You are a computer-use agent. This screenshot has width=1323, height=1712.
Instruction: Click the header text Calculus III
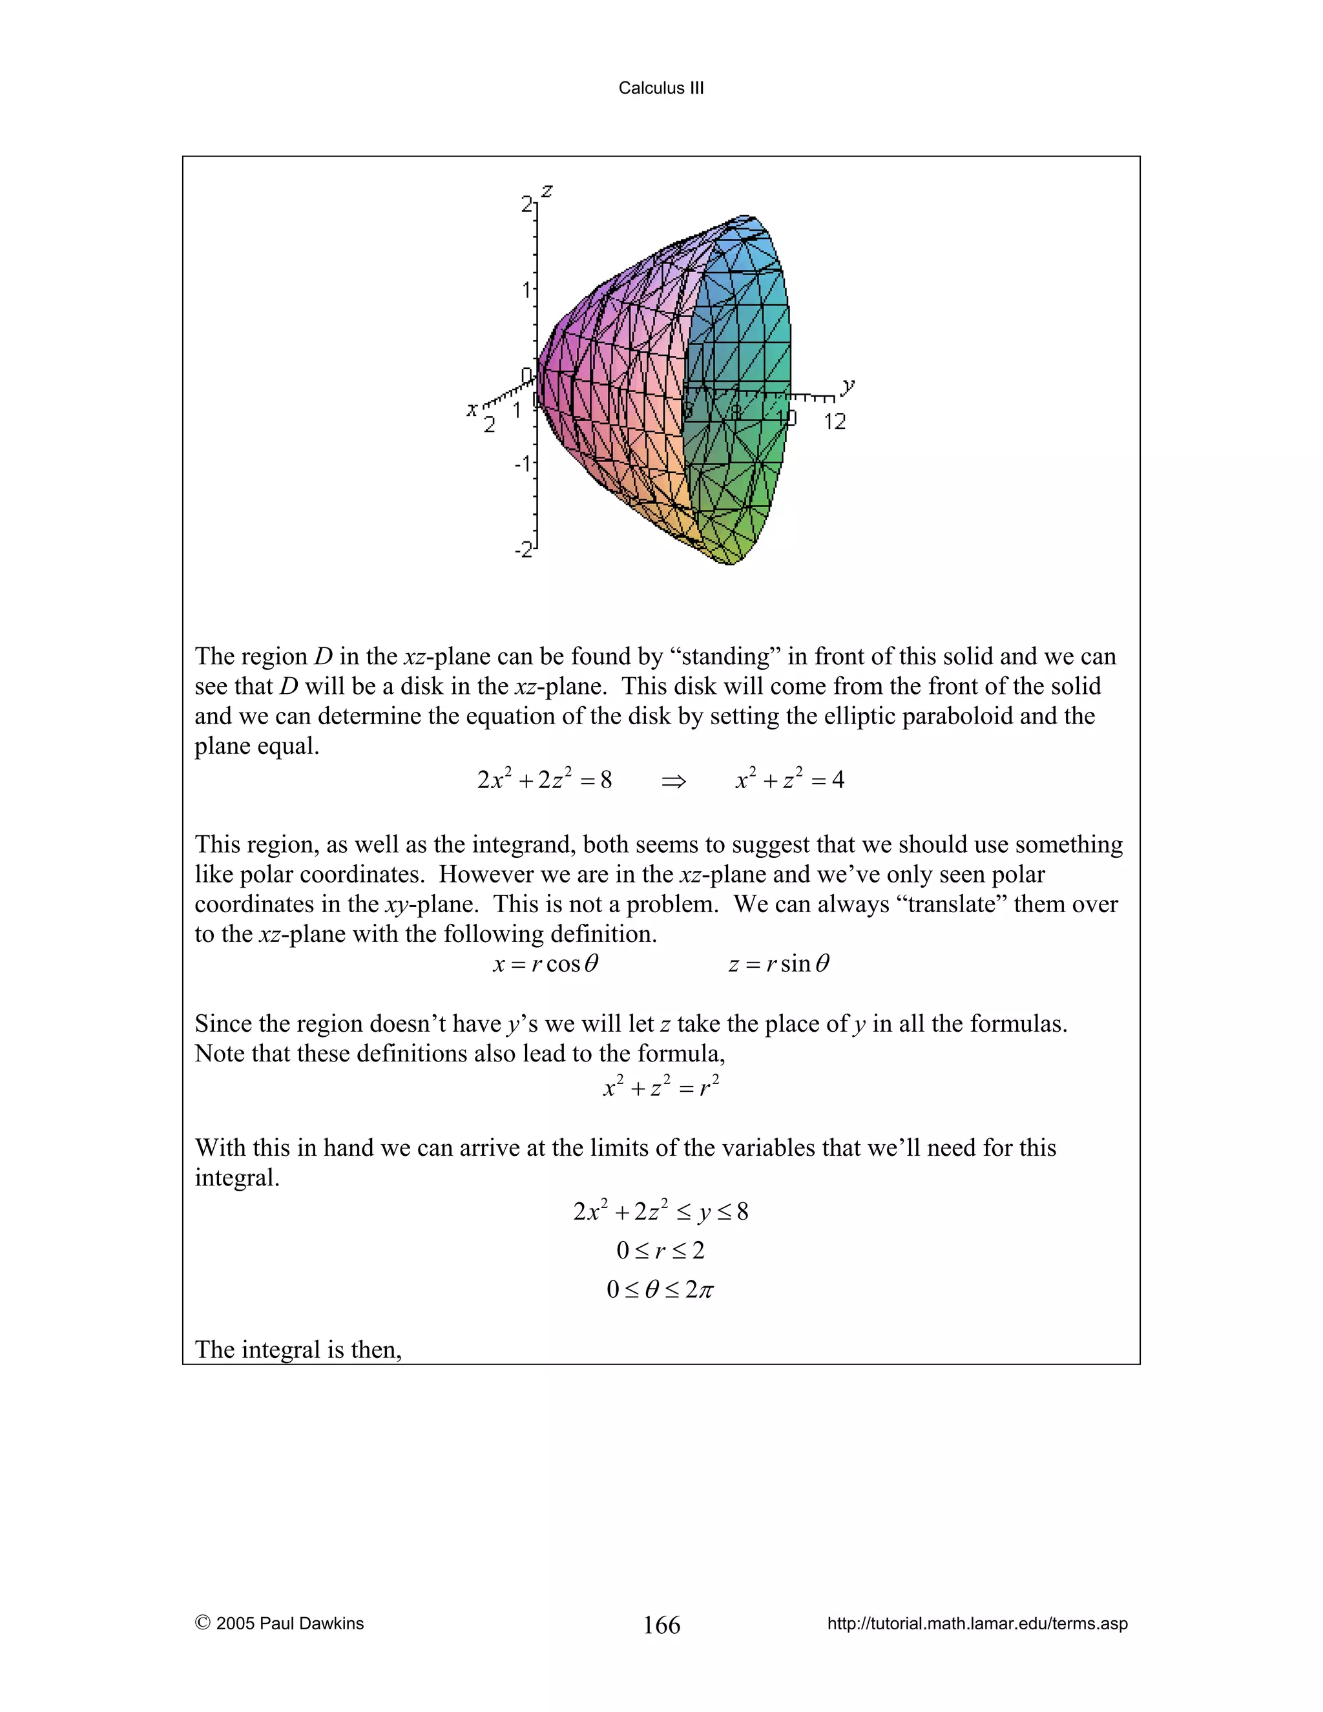click(x=661, y=88)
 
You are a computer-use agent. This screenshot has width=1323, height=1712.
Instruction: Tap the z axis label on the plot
click(x=547, y=190)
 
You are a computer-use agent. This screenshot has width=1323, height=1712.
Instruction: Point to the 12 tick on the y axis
click(x=835, y=422)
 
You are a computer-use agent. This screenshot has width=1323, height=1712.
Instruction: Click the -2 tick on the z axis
click(x=523, y=550)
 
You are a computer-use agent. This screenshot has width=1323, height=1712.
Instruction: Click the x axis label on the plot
click(x=472, y=408)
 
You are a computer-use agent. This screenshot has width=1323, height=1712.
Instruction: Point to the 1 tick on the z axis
click(x=526, y=290)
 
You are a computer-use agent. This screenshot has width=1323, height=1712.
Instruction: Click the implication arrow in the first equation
click(x=673, y=781)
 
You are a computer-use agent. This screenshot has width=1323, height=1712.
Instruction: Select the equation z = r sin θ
click(x=778, y=963)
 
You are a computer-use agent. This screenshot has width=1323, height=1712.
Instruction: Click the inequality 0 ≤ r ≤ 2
click(x=661, y=1250)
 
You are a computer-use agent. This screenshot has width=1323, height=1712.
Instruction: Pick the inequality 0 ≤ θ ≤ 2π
click(x=661, y=1289)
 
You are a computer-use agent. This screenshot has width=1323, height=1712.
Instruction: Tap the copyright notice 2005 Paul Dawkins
click(x=280, y=1623)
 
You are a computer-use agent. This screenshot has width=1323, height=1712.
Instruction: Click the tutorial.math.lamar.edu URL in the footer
click(x=977, y=1623)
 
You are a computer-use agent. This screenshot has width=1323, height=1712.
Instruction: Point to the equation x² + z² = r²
click(x=661, y=1087)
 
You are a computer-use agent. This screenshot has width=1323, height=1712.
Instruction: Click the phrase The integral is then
click(x=298, y=1349)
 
